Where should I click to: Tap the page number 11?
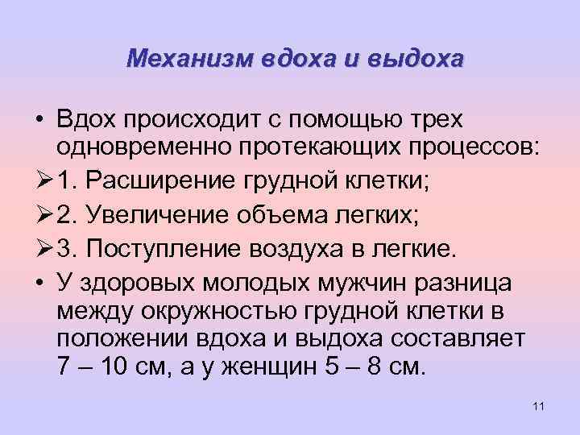tap(539, 404)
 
